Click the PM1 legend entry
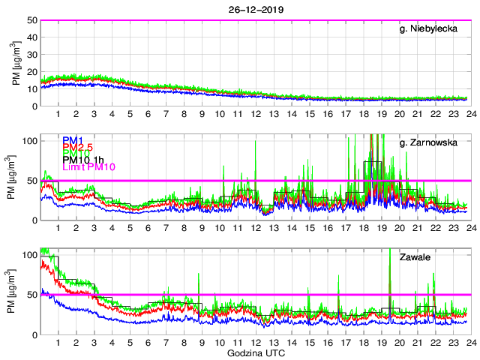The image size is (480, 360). [73, 140]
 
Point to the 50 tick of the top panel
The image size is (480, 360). [31, 20]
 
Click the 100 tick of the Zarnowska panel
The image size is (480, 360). [29, 141]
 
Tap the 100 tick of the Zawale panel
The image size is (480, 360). [29, 256]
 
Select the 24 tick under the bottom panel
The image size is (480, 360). [469, 343]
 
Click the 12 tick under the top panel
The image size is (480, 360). [255, 114]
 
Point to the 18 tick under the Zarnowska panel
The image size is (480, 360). [363, 228]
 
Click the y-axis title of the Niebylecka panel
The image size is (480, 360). [16, 63]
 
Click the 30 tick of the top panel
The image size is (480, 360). [31, 55]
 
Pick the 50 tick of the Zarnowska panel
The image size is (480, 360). [31, 181]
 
